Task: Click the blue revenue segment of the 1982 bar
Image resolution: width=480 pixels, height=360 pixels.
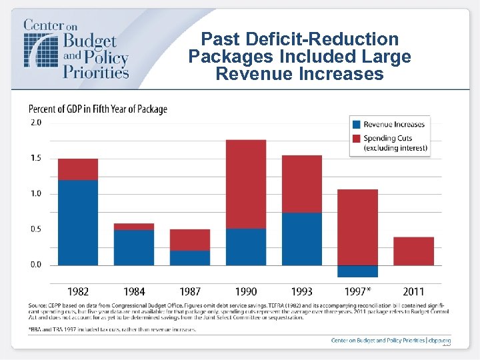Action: [x=78, y=222]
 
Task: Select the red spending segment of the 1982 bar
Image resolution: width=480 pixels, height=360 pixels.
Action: [x=78, y=169]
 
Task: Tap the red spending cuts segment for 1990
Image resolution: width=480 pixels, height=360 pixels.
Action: [x=246, y=184]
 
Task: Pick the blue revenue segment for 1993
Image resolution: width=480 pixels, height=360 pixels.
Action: [x=302, y=239]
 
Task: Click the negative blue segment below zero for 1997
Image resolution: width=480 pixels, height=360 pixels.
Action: [x=357, y=271]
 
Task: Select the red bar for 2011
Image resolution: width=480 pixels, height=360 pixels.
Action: [x=413, y=251]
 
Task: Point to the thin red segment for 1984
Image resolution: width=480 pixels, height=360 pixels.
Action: [x=134, y=227]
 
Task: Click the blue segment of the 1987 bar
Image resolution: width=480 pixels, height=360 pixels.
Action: [x=190, y=257]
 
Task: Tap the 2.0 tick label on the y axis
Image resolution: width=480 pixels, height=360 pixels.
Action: [x=35, y=123]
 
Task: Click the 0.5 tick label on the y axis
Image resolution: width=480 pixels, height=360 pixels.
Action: [x=35, y=229]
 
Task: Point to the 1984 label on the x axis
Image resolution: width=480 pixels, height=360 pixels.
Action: [x=134, y=291]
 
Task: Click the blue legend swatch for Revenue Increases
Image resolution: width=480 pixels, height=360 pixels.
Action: [x=357, y=124]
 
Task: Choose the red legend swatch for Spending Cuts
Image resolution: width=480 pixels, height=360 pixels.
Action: [x=357, y=139]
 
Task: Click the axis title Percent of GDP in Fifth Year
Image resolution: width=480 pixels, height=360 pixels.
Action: [x=97, y=109]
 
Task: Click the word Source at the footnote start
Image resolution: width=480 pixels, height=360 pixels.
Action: [x=37, y=305]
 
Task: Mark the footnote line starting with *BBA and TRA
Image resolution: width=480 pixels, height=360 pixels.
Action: [x=112, y=330]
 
